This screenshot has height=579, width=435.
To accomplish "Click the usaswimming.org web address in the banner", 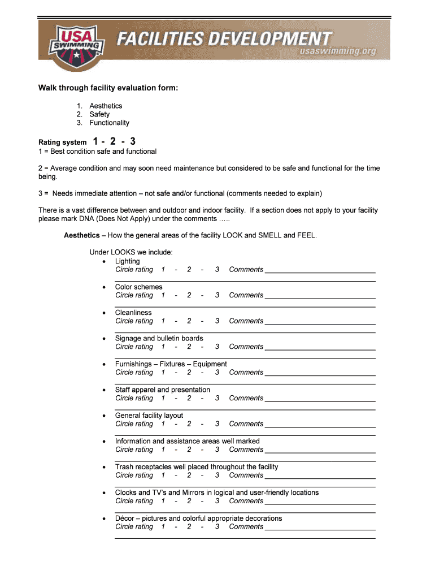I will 338,51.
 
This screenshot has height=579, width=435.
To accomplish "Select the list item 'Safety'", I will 99,114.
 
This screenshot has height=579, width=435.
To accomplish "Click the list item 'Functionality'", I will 109,123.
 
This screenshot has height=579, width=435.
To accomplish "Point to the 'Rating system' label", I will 62,142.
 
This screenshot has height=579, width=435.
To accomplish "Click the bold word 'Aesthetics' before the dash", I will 82,235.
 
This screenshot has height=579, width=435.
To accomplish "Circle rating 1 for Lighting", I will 163,270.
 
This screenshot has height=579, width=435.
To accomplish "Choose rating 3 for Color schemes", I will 217,295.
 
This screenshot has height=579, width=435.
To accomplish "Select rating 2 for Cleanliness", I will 189,321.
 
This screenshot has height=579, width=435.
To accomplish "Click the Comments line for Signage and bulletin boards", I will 320,348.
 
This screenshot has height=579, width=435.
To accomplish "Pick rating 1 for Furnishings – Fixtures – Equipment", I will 163,373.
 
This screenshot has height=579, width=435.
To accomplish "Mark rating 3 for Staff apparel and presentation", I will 217,398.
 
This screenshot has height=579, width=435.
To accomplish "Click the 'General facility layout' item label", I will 149,416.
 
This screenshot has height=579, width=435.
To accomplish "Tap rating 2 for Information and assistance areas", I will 189,450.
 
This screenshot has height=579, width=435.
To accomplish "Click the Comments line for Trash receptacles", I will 320,476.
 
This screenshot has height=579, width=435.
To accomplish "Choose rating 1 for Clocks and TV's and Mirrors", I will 163,501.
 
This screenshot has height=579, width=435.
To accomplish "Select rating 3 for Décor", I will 217,526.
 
